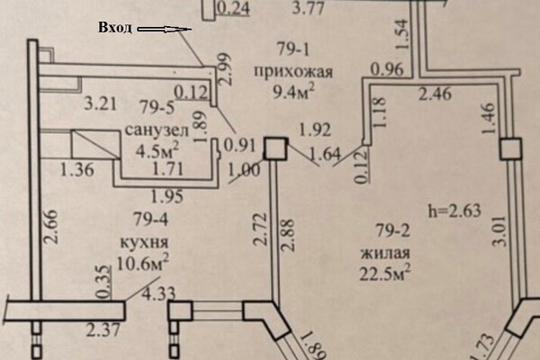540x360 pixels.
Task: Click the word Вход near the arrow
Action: click(115, 28)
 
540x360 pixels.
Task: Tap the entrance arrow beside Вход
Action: click(165, 30)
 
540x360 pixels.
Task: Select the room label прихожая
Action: click(293, 72)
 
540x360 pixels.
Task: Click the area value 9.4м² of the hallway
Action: click(293, 92)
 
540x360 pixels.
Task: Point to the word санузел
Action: click(157, 130)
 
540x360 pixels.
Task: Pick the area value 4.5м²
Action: click(157, 150)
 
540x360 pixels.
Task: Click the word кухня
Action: click(144, 242)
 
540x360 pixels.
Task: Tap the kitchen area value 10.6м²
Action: click(142, 264)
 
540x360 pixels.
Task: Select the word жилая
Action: click(385, 254)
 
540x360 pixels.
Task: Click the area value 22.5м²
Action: click(385, 274)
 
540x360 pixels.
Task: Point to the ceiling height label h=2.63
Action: click(454, 211)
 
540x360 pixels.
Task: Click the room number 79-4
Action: click(151, 219)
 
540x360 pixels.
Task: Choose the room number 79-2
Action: click(393, 230)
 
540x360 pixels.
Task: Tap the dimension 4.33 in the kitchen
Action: click(158, 294)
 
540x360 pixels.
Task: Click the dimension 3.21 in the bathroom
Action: click(100, 103)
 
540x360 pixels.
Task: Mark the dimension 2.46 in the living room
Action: click(435, 94)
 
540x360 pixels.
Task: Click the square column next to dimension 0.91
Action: click(275, 148)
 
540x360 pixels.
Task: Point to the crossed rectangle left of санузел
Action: click(95, 144)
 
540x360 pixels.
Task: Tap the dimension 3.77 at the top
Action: click(308, 8)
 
